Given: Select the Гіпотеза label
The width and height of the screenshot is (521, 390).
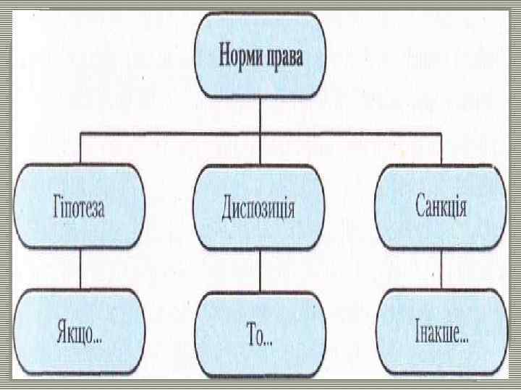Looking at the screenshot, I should click(x=79, y=209).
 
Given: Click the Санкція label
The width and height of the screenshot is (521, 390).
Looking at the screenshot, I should click(x=441, y=209).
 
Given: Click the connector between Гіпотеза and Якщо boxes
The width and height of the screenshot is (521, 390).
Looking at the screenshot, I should click(x=79, y=269).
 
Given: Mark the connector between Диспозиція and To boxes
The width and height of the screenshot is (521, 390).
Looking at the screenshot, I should click(x=258, y=271).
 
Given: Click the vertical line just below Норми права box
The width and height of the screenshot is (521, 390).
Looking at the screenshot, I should click(x=258, y=116).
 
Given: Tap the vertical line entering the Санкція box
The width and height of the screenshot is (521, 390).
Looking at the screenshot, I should click(x=441, y=148).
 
